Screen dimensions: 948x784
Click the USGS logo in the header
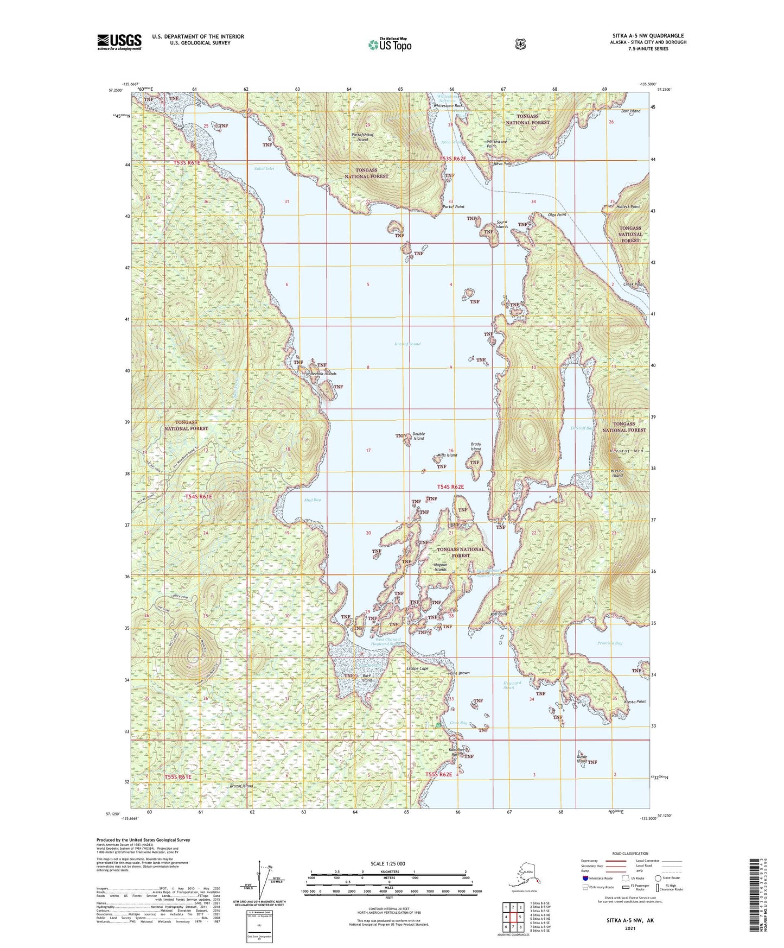click(x=119, y=42)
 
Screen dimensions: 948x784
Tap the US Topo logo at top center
click(x=389, y=45)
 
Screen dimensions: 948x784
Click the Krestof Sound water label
click(x=407, y=344)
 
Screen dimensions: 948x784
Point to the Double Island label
click(x=418, y=436)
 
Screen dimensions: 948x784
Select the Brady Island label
click(x=476, y=446)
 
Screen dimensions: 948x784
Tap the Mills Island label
click(x=448, y=455)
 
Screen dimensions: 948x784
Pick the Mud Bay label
click(x=313, y=500)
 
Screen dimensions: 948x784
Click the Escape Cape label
click(x=417, y=668)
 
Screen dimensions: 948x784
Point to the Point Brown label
click(x=458, y=673)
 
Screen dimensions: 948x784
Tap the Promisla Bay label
click(x=609, y=643)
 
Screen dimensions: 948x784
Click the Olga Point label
click(x=557, y=214)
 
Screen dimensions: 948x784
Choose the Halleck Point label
click(x=628, y=207)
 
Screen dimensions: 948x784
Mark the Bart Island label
click(x=630, y=111)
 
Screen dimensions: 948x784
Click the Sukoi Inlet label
click(x=264, y=169)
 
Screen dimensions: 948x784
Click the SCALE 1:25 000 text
click(x=388, y=863)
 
